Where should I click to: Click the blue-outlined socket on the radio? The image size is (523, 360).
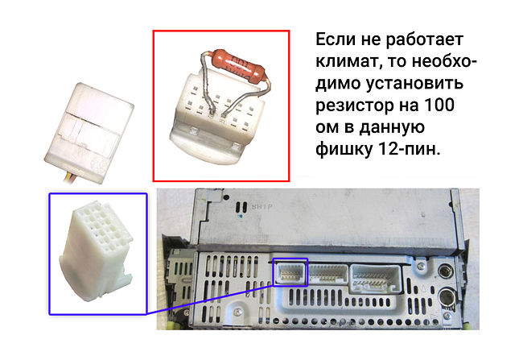coord(290,273)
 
